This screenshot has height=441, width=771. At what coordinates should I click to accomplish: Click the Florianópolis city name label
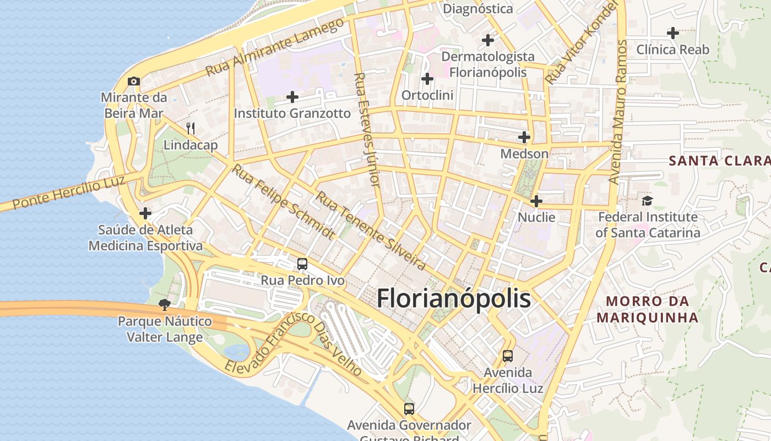454,299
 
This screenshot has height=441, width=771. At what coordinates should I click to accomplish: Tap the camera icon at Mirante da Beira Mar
133,82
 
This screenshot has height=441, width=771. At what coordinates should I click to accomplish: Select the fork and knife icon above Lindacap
191,128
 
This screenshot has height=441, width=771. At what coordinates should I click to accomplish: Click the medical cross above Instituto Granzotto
292,98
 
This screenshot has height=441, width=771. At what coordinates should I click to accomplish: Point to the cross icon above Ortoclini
427,79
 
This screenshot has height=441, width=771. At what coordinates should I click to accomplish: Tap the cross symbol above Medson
524,137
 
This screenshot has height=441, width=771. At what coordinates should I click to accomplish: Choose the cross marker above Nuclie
536,201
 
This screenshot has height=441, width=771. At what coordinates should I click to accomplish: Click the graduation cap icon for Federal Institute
647,201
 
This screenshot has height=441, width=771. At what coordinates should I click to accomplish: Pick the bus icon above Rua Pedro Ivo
302,264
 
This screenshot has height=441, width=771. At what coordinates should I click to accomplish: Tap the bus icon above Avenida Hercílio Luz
508,356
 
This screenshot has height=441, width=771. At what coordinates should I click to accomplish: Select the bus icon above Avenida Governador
409,409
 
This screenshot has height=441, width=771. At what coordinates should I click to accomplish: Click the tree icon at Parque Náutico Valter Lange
164,304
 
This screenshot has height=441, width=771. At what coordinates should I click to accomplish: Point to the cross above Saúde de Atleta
145,213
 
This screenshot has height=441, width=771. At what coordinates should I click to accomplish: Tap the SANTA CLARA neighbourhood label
719,161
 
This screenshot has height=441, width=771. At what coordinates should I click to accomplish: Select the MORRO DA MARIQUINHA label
647,309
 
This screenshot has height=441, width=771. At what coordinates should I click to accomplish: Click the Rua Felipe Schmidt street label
282,202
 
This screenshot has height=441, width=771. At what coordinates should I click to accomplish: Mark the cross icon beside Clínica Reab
672,33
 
